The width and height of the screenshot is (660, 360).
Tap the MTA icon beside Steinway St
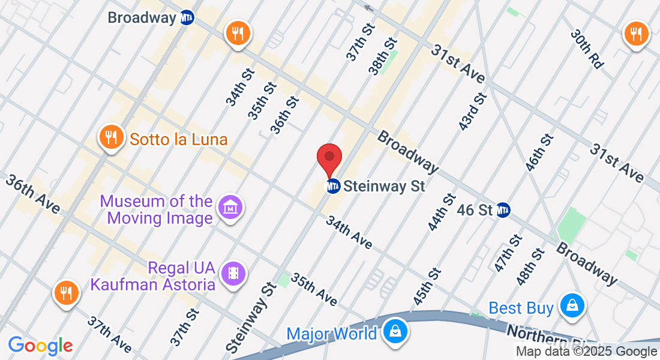pos(334,187)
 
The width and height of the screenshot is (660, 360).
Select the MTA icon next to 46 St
pos(503,210)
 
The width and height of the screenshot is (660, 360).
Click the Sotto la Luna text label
pos(179,140)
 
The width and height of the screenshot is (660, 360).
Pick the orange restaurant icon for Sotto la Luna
pos(110,137)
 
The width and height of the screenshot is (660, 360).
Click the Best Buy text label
pos(521,308)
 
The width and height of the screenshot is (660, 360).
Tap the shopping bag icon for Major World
pos(396,331)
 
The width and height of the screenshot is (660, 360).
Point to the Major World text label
pos(332,334)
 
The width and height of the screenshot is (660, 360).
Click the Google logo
pos(41,346)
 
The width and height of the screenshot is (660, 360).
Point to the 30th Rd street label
pos(587,49)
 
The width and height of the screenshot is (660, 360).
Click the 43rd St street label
pos(472,112)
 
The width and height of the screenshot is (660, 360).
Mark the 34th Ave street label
pos(349,232)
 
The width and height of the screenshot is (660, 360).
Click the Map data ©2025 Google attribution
pos(587,352)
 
